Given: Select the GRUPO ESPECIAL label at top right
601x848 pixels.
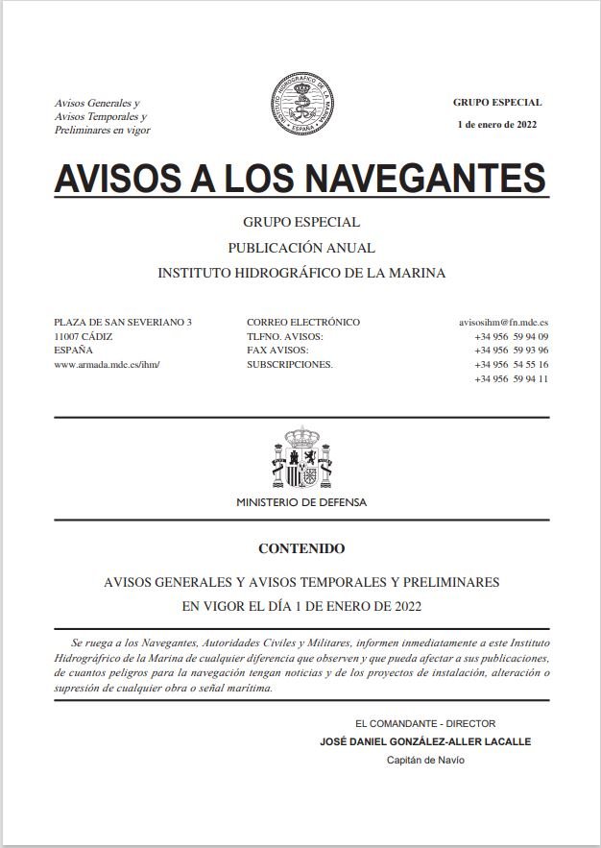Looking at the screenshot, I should tap(497, 102).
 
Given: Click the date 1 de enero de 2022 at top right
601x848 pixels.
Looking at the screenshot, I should tap(497, 125).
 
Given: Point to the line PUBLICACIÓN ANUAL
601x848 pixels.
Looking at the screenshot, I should tap(300, 248).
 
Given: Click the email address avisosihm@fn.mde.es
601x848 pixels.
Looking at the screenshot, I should tap(504, 323).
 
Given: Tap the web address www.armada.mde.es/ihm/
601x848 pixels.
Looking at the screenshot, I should tap(107, 364).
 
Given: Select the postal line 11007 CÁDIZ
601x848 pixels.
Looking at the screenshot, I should tap(84, 337).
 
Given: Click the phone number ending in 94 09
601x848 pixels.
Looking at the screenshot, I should tap(511, 337).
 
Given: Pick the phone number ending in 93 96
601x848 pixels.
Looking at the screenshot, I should tap(511, 351).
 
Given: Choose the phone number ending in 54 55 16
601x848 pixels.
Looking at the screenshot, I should tap(511, 365).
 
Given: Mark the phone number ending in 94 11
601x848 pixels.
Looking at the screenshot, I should tap(511, 378).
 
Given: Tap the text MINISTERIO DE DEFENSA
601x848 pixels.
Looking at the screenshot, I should tap(300, 502).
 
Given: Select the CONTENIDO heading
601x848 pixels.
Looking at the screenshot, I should tap(300, 549).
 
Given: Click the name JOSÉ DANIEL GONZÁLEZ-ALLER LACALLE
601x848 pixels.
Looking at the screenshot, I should tap(424, 741).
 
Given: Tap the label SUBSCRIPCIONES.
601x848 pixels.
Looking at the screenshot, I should tap(289, 365).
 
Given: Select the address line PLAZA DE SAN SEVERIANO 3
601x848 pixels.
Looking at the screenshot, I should tap(123, 323).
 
